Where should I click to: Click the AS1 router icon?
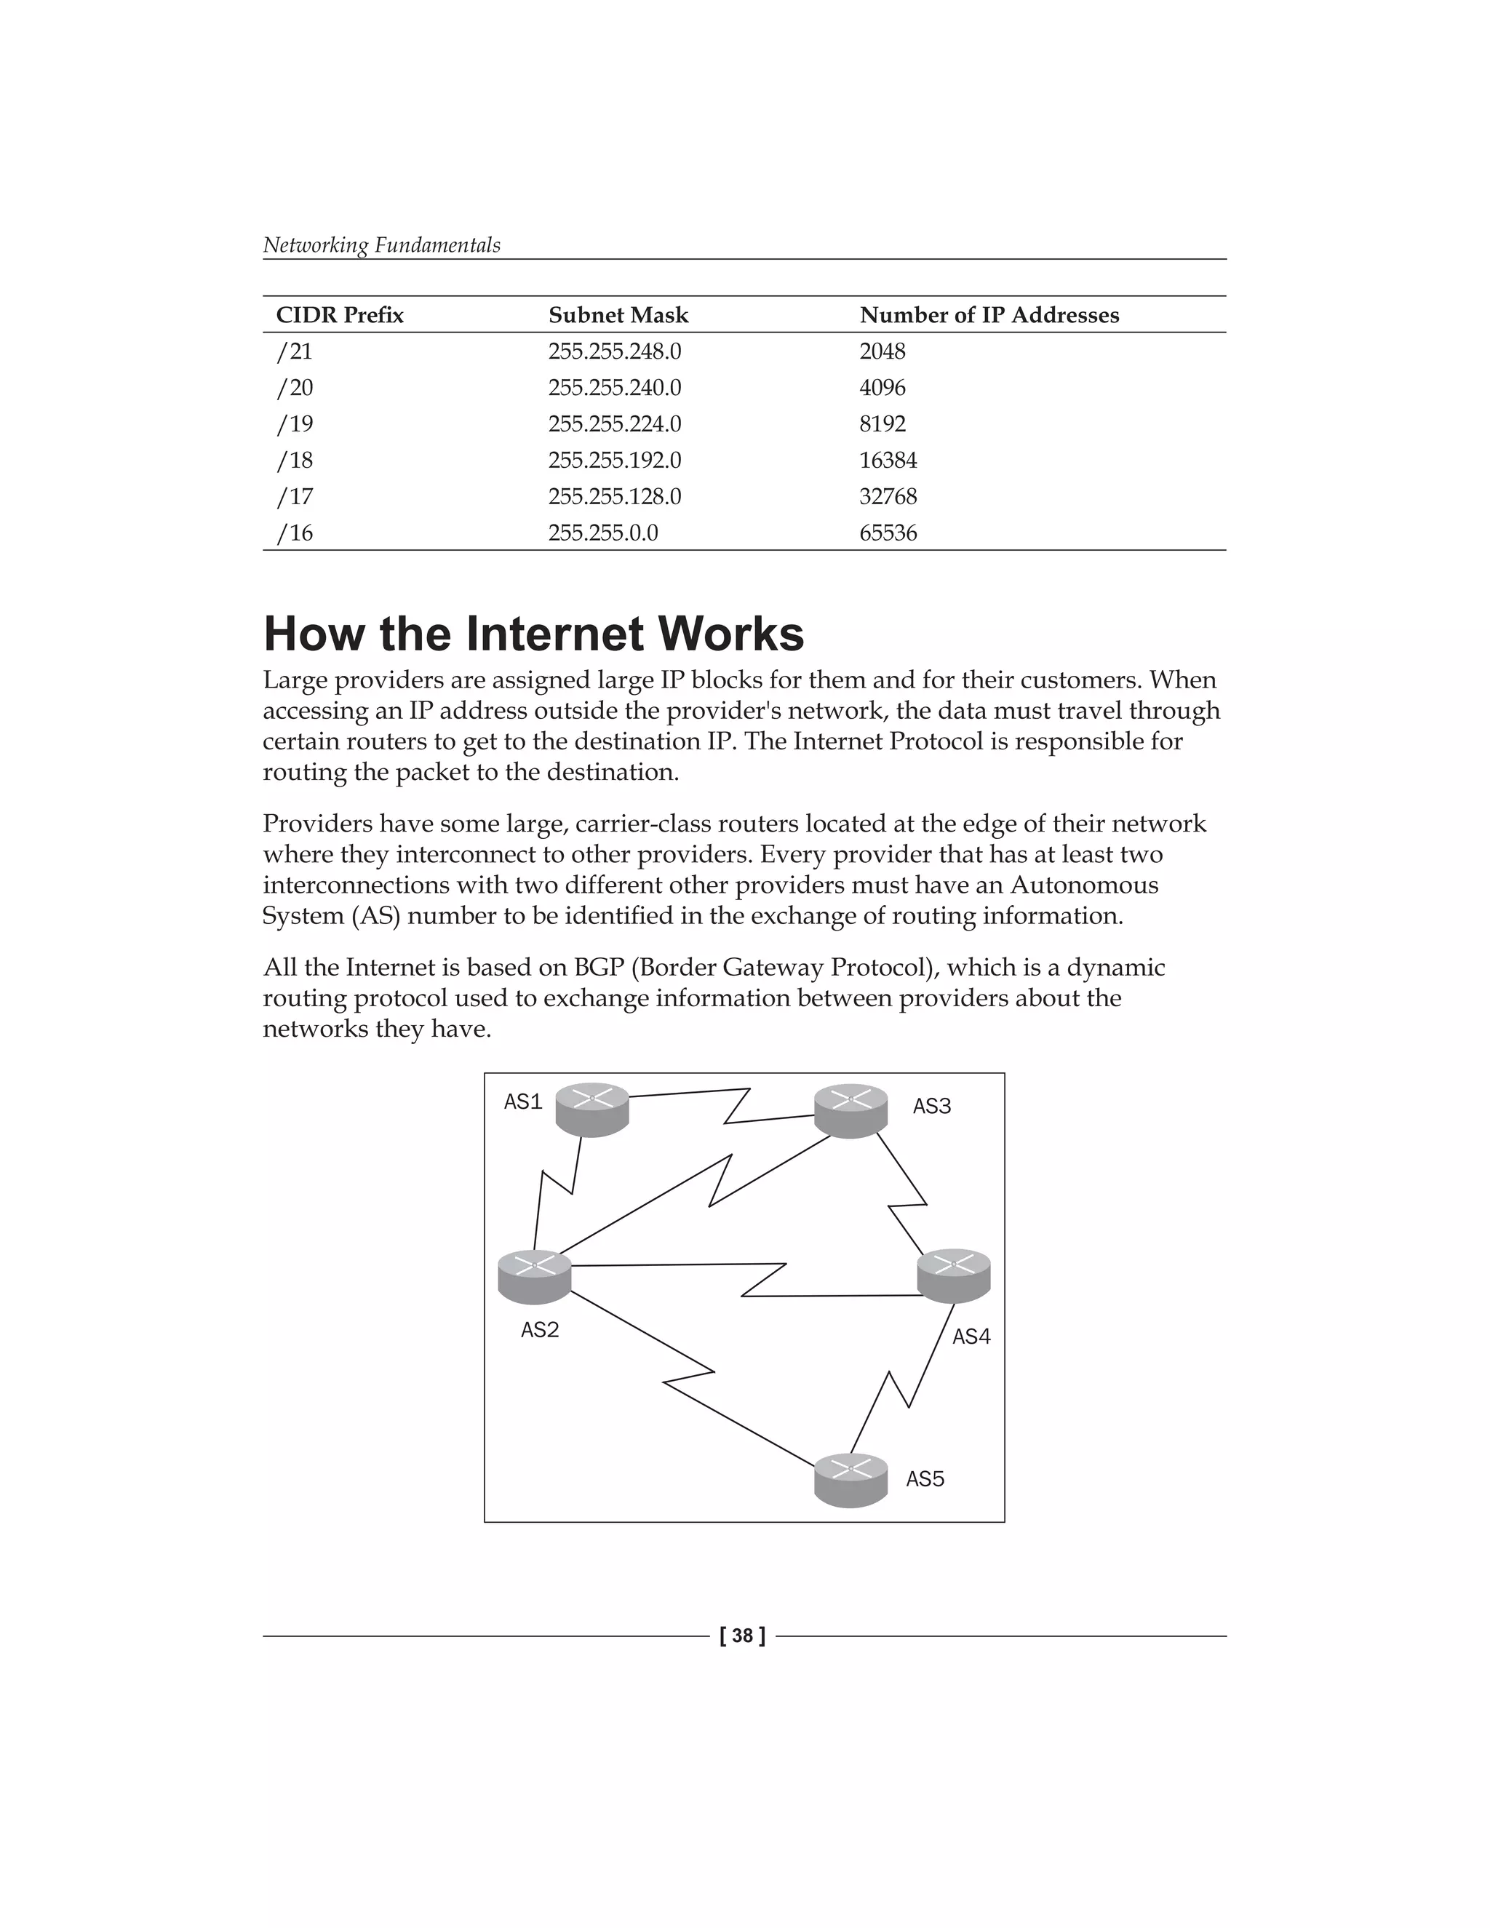(591, 1110)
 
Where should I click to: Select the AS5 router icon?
(850, 1481)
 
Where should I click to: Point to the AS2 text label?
(539, 1329)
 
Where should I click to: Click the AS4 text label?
(971, 1337)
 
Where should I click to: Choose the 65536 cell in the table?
(888, 533)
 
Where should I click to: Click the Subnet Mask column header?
(618, 315)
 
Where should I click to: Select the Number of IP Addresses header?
(989, 315)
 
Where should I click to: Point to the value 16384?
(888, 461)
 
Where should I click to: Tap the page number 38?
(742, 1636)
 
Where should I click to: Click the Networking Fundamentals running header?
(381, 245)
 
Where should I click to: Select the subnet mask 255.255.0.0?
(603, 533)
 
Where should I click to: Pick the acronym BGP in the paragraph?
(599, 968)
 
